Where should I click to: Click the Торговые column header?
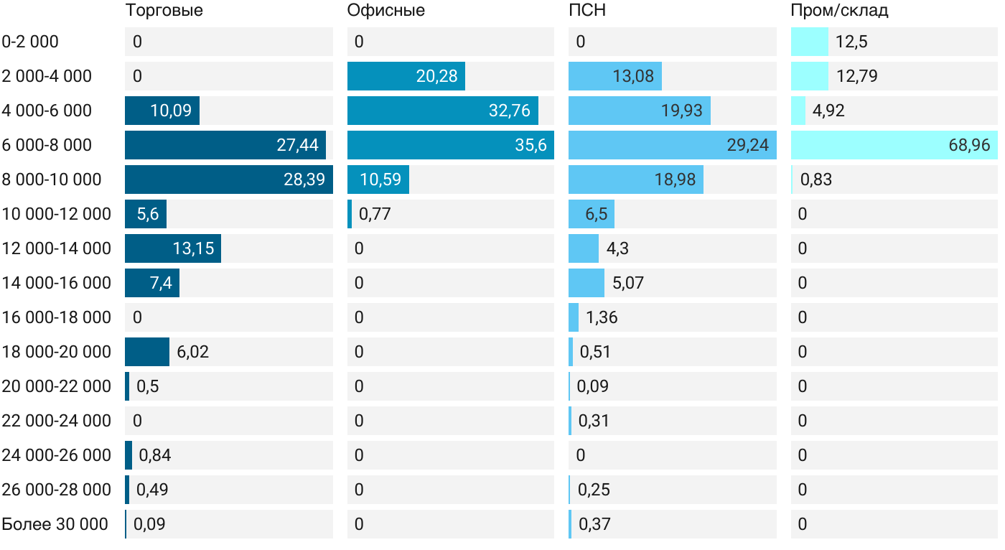[164, 11]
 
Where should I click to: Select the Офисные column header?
[385, 11]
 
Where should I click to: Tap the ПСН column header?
[582, 11]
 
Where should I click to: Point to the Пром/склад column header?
[839, 11]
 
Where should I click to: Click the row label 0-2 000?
[30, 42]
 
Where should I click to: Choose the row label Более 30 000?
[55, 524]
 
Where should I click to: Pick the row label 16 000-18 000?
[57, 317]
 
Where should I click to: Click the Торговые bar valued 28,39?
[228, 180]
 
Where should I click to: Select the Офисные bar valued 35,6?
[450, 145]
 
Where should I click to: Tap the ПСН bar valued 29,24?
[672, 145]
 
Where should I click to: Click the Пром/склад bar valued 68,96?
[894, 145]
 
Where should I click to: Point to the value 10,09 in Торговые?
[171, 111]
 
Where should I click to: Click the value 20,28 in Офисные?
[436, 76]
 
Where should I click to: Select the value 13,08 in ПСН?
[633, 76]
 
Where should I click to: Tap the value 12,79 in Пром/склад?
[856, 76]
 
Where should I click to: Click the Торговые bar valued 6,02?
[147, 352]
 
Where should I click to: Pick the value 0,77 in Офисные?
[374, 214]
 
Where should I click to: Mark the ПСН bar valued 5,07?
[586, 283]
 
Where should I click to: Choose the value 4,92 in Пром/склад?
[828, 111]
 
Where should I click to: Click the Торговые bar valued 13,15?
[172, 248]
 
